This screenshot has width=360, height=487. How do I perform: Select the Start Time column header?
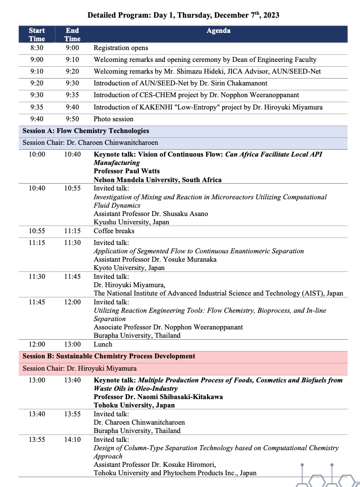pyautogui.click(x=37, y=34)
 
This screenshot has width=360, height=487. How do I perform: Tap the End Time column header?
pyautogui.click(x=72, y=34)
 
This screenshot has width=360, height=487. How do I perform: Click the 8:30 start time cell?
pyautogui.click(x=37, y=48)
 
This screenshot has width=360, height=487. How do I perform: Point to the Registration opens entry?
pyautogui.click(x=121, y=48)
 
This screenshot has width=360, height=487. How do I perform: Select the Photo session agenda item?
pyautogui.click(x=113, y=119)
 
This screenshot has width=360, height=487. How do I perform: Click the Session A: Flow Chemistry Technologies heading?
pyautogui.click(x=86, y=131)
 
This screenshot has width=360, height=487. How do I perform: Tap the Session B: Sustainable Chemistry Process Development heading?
pyautogui.click(x=109, y=356)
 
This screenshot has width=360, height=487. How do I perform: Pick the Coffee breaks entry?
pyautogui.click(x=114, y=231)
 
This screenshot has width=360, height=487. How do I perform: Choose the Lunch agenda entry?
pyautogui.click(x=103, y=344)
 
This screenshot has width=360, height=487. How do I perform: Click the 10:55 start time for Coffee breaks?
pyautogui.click(x=37, y=231)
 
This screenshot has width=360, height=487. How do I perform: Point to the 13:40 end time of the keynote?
pyautogui.click(x=72, y=380)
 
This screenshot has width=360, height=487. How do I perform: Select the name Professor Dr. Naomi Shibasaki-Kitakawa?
pyautogui.click(x=158, y=397)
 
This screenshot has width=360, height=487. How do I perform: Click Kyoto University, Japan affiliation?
pyautogui.click(x=129, y=268)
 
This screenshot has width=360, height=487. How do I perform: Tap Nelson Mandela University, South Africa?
pyautogui.click(x=157, y=180)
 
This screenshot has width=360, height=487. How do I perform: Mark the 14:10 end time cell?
pyautogui.click(x=72, y=439)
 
